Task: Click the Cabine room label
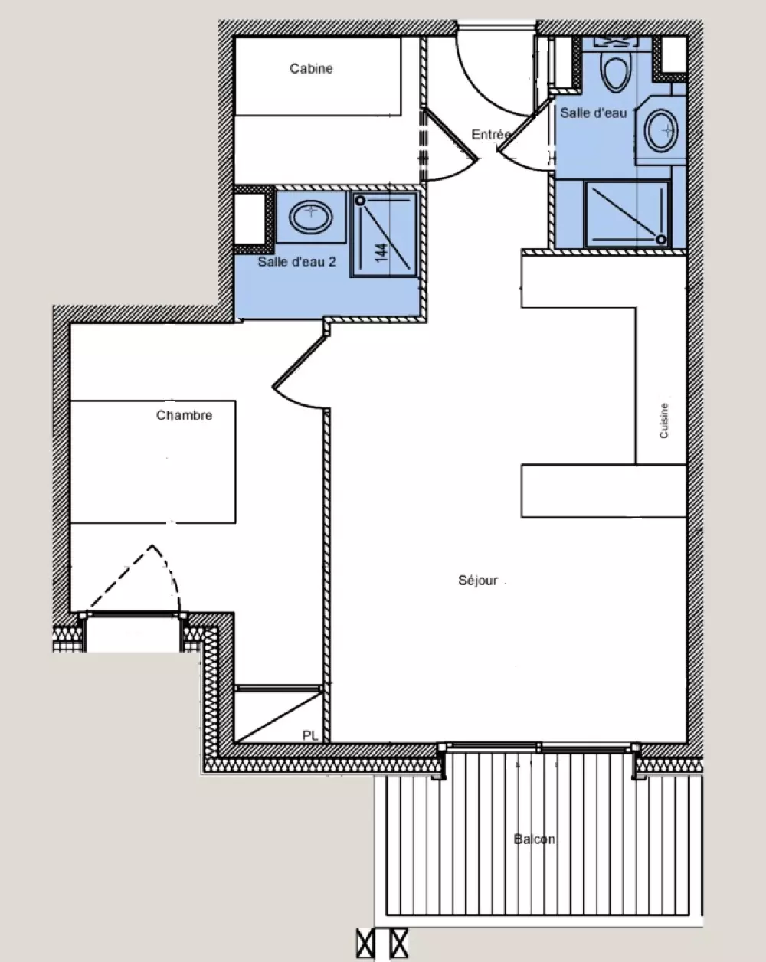pyautogui.click(x=311, y=68)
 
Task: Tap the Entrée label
pyautogui.click(x=491, y=134)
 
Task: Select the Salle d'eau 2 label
pyautogui.click(x=296, y=261)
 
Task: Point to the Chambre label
pyautogui.click(x=185, y=415)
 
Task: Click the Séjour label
pyautogui.click(x=478, y=581)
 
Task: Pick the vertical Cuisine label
pyautogui.click(x=664, y=420)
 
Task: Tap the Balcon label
pyautogui.click(x=535, y=839)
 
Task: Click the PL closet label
pyautogui.click(x=310, y=735)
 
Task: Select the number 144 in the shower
pyautogui.click(x=381, y=253)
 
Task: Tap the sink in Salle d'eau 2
pyautogui.click(x=311, y=218)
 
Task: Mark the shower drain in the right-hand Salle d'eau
pyautogui.click(x=661, y=240)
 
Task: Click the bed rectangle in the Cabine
pyautogui.click(x=318, y=77)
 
